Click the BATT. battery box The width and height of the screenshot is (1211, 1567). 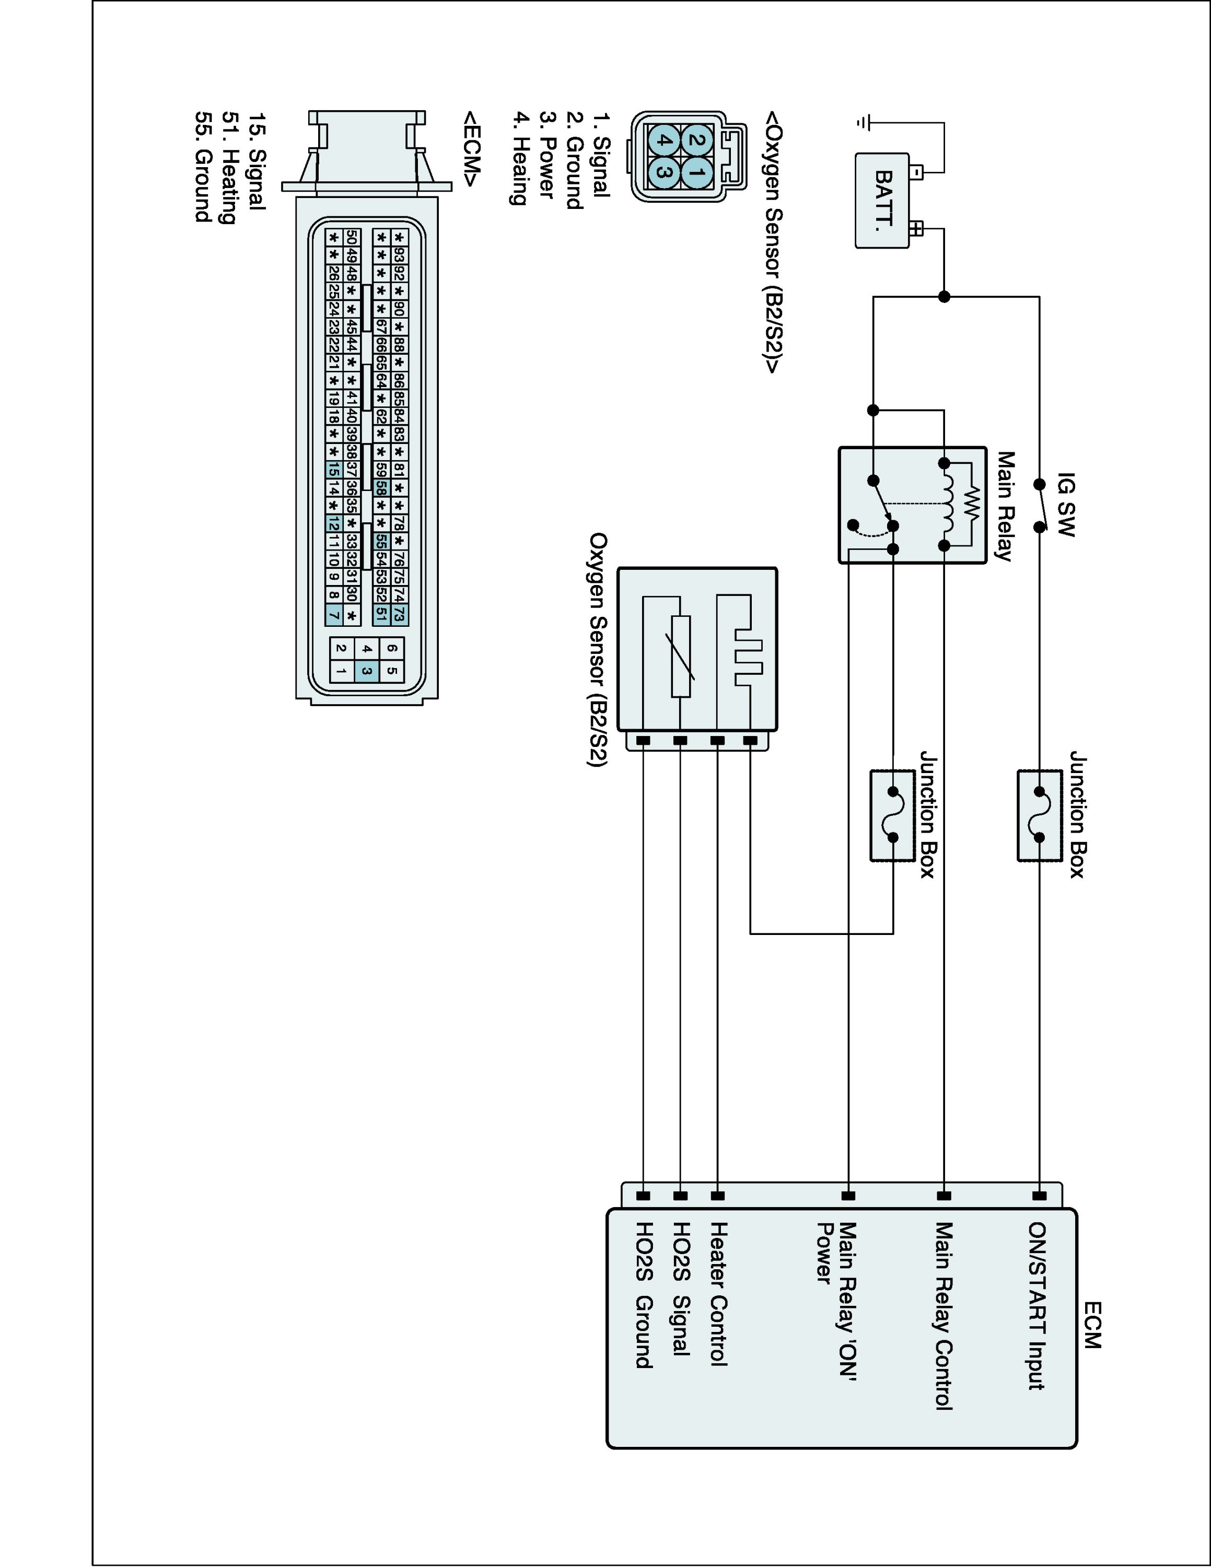pos(882,201)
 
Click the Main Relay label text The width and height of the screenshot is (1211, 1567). pos(1006,506)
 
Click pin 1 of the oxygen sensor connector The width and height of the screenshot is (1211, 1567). pos(695,173)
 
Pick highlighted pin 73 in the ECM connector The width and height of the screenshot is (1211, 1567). pos(400,614)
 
